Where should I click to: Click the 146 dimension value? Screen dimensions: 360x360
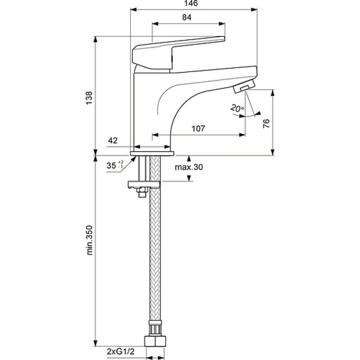point(190,3)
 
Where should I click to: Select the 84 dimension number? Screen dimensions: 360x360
point(187,17)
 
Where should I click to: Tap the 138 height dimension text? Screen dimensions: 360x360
point(89,98)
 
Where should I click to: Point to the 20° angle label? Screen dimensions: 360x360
point(237,108)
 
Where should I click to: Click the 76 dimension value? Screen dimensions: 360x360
point(266,123)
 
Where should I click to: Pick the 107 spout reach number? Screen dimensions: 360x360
point(198,129)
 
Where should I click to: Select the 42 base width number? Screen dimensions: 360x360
point(113,140)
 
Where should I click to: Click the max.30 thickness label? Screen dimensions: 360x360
point(189,167)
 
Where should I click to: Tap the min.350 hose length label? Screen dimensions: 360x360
point(89,240)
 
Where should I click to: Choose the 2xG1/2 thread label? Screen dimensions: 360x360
point(121,351)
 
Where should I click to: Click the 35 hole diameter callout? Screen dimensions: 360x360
point(115,165)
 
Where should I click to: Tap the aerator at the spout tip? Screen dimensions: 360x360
point(244,86)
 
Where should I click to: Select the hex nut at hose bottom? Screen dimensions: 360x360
point(155,342)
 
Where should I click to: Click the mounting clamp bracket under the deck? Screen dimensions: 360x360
point(144,184)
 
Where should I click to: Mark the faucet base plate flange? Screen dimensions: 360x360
point(152,153)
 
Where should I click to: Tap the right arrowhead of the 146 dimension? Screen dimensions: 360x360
point(254,9)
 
